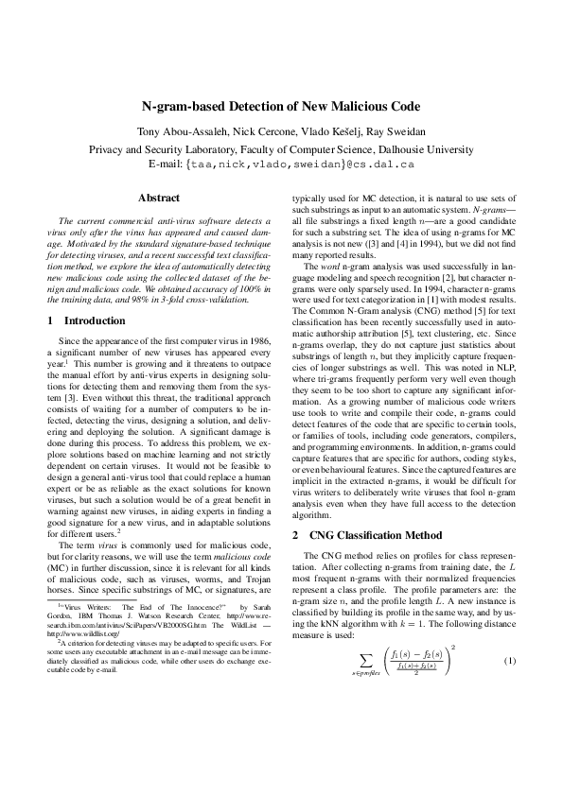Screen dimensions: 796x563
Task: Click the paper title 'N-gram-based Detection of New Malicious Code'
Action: click(x=281, y=109)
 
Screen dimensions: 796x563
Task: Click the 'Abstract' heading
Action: click(x=159, y=198)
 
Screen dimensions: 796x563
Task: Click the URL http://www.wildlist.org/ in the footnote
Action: click(x=83, y=660)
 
